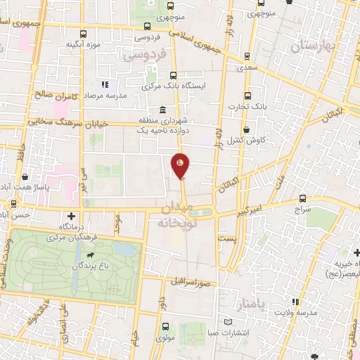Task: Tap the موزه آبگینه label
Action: click(79, 44)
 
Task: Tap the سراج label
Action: click(302, 210)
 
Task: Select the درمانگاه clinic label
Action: click(70, 226)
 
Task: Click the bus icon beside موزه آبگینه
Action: click(83, 34)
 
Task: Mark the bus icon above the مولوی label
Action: click(165, 326)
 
